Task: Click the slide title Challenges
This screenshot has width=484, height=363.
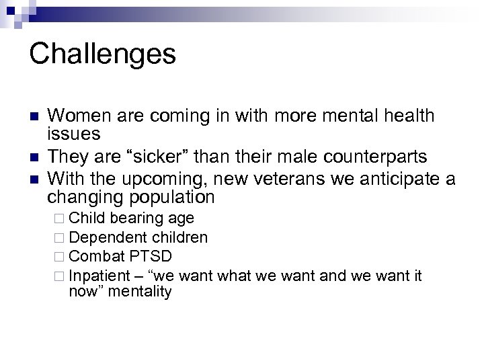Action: coord(102,54)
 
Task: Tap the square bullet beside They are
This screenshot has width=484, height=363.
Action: coord(33,158)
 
